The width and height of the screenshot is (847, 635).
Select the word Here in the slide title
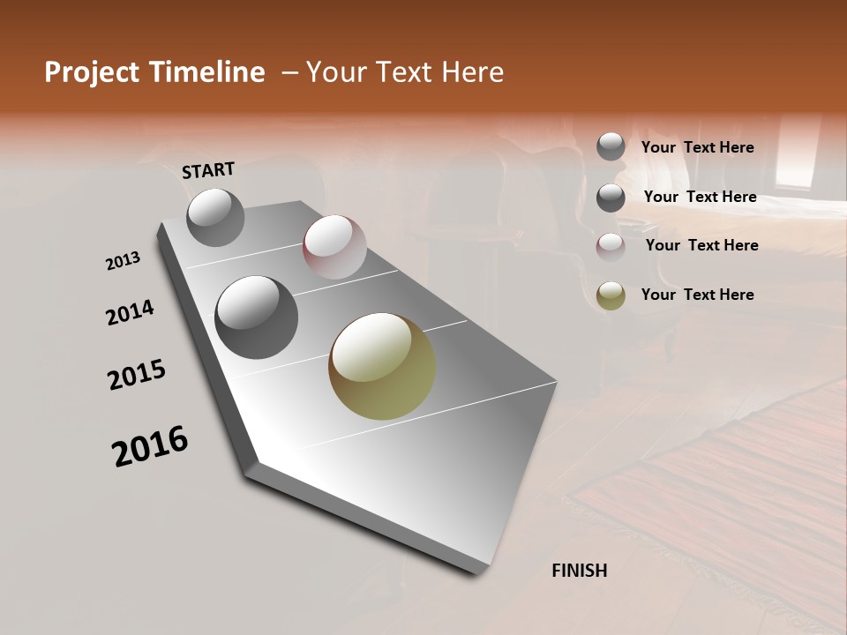click(472, 72)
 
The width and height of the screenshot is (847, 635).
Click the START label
click(208, 170)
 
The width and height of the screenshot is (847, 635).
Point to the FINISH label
click(579, 571)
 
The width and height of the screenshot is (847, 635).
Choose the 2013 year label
click(123, 261)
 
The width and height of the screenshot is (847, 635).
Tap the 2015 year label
click(137, 375)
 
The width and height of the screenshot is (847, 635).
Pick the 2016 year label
click(150, 446)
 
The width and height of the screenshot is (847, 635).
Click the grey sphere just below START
click(215, 217)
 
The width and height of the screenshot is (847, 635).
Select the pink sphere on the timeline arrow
click(334, 247)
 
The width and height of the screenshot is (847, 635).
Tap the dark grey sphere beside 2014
click(256, 317)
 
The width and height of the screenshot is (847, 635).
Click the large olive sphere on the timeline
click(382, 366)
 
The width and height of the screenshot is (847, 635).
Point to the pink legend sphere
click(611, 247)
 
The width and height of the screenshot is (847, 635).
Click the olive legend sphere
click(611, 295)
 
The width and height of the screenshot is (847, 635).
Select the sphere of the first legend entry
click(611, 146)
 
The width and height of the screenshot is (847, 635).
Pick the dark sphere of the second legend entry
click(611, 198)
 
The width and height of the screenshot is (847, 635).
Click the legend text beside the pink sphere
click(701, 245)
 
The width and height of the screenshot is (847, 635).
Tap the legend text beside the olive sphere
click(697, 295)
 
